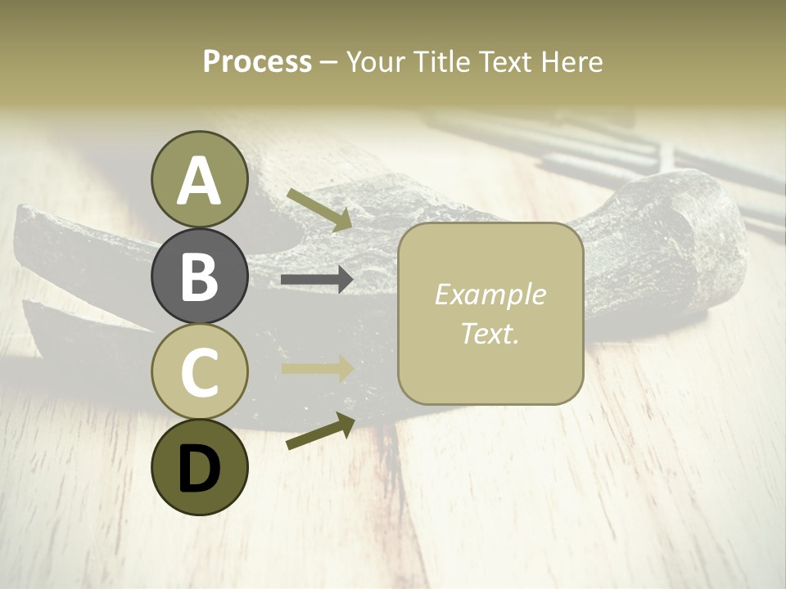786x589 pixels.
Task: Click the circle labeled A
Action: click(x=199, y=179)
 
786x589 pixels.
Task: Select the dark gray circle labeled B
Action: click(x=199, y=277)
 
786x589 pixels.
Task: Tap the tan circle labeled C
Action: click(x=199, y=371)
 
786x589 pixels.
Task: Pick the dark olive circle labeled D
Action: click(x=199, y=467)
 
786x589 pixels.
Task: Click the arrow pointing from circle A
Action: click(x=318, y=210)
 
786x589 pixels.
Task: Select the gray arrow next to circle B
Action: click(x=317, y=280)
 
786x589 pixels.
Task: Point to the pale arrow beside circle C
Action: click(x=317, y=368)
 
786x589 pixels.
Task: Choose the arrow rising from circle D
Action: click(x=319, y=431)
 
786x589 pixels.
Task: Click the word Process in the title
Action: click(x=257, y=62)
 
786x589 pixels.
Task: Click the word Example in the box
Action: click(x=490, y=294)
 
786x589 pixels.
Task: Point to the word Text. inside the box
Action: click(x=490, y=333)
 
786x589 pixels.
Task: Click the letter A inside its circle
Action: click(x=199, y=181)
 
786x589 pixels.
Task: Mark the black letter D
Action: click(x=199, y=469)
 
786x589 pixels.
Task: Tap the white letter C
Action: click(x=199, y=372)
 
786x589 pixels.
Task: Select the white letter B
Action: click(x=199, y=277)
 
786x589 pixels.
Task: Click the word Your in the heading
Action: click(x=375, y=62)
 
